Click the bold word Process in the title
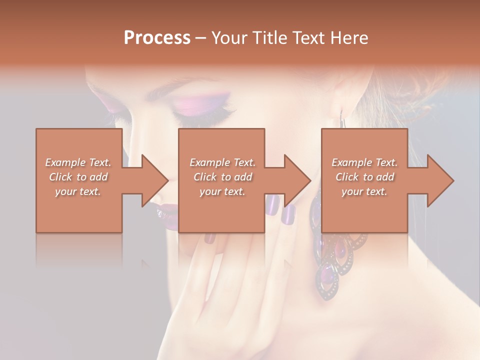[x=157, y=38]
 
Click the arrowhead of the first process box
[x=155, y=180]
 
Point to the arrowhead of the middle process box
[x=297, y=180]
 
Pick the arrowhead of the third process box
[x=440, y=180]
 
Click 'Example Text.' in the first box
[x=78, y=162]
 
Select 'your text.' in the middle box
[x=222, y=191]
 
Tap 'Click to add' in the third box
[x=364, y=177]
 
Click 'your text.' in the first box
[x=78, y=191]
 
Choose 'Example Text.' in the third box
[x=364, y=162]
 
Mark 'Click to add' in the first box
[x=78, y=177]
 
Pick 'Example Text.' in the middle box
[x=222, y=162]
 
